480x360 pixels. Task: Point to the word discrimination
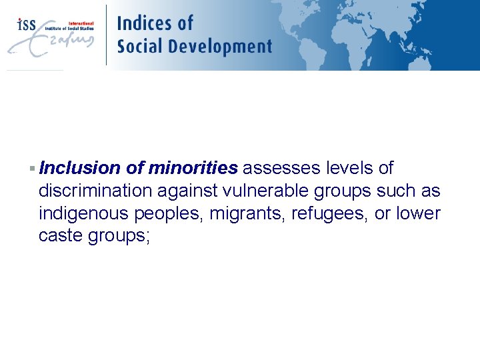coord(96,191)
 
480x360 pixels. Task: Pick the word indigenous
coord(84,214)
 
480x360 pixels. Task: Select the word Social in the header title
coord(139,47)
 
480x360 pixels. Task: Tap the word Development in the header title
coord(220,47)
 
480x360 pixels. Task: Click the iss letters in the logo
coord(27,25)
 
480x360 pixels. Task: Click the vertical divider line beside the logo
coord(106,35)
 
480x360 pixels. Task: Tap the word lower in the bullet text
coord(419,214)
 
